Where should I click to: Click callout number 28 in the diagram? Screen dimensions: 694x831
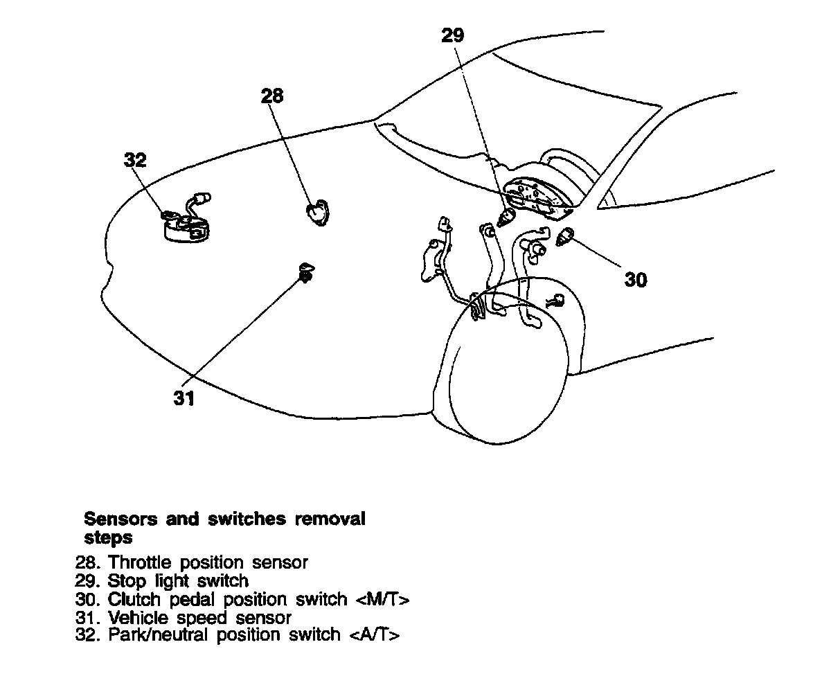pos(272,96)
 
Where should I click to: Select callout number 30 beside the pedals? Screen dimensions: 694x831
pos(636,280)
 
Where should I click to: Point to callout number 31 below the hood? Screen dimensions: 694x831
pos(184,399)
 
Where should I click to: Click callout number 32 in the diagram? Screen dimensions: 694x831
pos(136,161)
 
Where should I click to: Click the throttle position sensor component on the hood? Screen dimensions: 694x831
pos(317,211)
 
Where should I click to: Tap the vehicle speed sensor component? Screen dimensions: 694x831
pos(305,273)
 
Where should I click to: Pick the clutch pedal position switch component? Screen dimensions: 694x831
pos(566,238)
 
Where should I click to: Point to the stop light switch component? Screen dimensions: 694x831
pos(508,217)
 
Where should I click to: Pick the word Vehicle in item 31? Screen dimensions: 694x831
pos(134,617)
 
